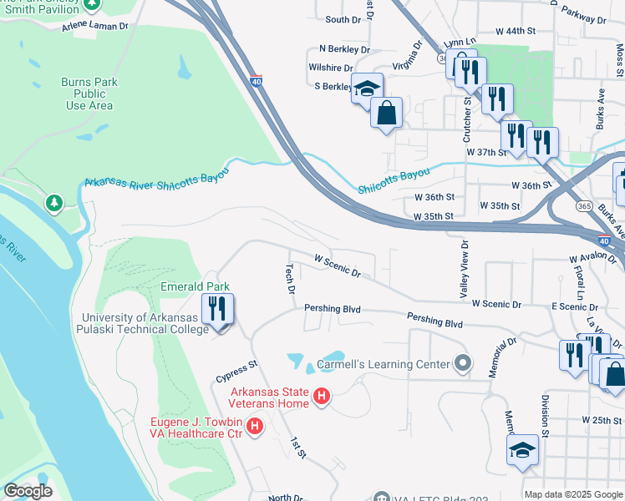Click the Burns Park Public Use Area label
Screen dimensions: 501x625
coord(89,94)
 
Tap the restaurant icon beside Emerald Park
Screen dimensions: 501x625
coord(217,310)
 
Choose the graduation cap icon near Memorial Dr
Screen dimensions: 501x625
coord(522,449)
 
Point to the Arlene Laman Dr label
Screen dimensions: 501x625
coord(95,27)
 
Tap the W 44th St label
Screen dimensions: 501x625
coord(515,30)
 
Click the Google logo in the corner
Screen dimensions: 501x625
coord(28,492)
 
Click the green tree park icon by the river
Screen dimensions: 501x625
coord(54,203)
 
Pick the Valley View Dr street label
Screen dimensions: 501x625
coord(464,268)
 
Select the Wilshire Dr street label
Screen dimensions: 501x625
coord(330,68)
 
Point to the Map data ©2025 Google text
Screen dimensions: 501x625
coord(572,494)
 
